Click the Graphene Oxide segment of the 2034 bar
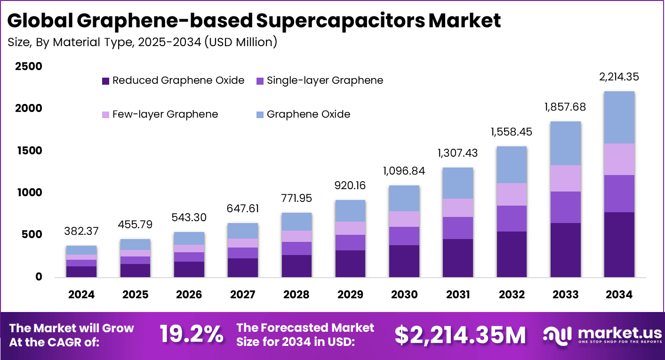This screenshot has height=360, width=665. [619, 118]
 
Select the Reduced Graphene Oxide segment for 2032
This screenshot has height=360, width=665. [512, 254]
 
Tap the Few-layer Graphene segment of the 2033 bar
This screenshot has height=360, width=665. [565, 178]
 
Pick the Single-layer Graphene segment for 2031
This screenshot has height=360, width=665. [458, 228]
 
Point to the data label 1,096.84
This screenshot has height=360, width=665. [404, 171]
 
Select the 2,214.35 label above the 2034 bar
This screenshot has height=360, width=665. [619, 77]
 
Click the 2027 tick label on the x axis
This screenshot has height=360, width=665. [242, 295]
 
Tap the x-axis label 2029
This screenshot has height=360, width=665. [350, 295]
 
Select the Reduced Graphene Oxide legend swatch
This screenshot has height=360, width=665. [105, 81]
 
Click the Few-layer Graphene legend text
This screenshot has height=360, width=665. [165, 114]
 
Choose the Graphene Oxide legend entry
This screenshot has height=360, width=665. [308, 114]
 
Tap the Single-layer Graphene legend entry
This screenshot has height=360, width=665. [325, 80]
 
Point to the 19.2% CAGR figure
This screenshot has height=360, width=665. [191, 335]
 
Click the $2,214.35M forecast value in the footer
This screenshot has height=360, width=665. [460, 335]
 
